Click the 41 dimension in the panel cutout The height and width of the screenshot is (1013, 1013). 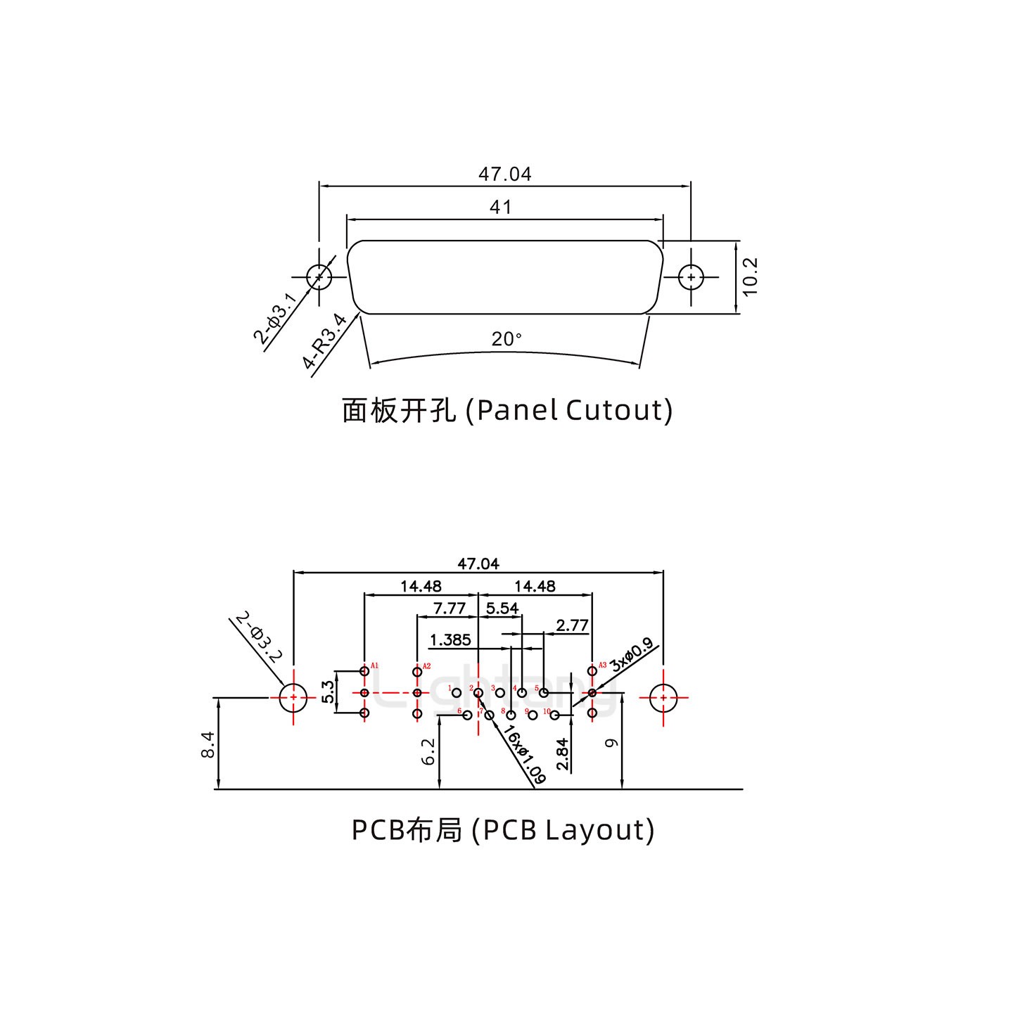[x=500, y=207]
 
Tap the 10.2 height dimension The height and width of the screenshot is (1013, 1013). [x=750, y=276]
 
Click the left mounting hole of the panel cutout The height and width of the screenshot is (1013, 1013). [x=319, y=276]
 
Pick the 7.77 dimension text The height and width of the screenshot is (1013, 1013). [x=449, y=608]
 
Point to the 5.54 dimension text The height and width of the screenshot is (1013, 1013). [x=502, y=608]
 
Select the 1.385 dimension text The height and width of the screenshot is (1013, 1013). [x=450, y=639]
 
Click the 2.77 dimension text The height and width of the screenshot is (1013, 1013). [x=571, y=625]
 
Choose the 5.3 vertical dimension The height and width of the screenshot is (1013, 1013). [x=328, y=692]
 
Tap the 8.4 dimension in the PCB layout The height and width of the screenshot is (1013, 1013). [x=208, y=744]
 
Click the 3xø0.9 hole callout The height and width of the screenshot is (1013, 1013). [x=631, y=655]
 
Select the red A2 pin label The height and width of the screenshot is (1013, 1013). [x=426, y=665]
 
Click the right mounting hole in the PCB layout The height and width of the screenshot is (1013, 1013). [x=663, y=698]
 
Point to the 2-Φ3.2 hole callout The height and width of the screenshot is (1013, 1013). [x=258, y=638]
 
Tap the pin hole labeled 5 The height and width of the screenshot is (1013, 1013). [x=544, y=693]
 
